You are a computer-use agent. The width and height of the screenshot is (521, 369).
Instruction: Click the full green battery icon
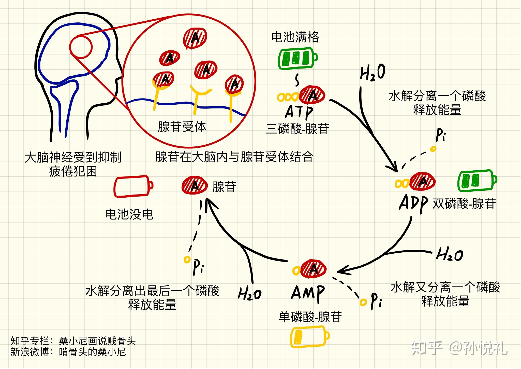coord(297,58)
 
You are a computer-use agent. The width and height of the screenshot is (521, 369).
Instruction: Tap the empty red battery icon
coord(133,186)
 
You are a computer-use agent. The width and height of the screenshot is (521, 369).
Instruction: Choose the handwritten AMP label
coord(308,293)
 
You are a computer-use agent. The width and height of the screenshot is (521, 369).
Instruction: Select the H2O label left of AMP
coord(249,293)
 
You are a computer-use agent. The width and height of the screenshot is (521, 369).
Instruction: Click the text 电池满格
coord(295,37)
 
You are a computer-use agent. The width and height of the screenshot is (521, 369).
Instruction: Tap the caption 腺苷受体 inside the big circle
coord(182,127)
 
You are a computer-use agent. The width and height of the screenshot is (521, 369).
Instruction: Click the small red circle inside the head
coord(81,47)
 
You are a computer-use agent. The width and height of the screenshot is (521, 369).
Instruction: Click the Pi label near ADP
coord(440,135)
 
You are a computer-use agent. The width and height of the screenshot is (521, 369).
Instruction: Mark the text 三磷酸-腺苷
coord(297,129)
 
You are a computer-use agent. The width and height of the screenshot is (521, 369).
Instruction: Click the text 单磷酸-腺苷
coord(310,317)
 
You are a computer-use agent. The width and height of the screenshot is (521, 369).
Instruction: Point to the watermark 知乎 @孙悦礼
coord(459,348)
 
